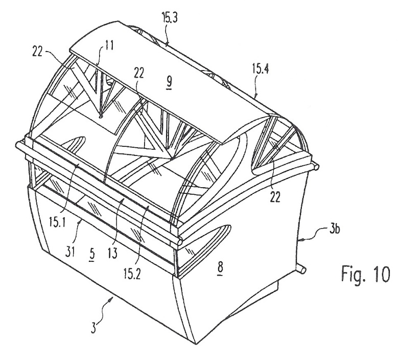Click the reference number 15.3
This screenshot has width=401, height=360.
tap(170, 19)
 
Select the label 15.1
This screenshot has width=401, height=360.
tap(57, 222)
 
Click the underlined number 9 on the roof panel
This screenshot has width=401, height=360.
tap(169, 82)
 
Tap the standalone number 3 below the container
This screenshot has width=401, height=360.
tap(94, 328)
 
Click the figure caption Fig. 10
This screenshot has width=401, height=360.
tap(366, 274)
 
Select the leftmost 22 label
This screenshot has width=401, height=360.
tap(38, 52)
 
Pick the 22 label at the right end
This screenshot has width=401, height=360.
tap(275, 197)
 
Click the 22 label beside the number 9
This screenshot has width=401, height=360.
tap(139, 73)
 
